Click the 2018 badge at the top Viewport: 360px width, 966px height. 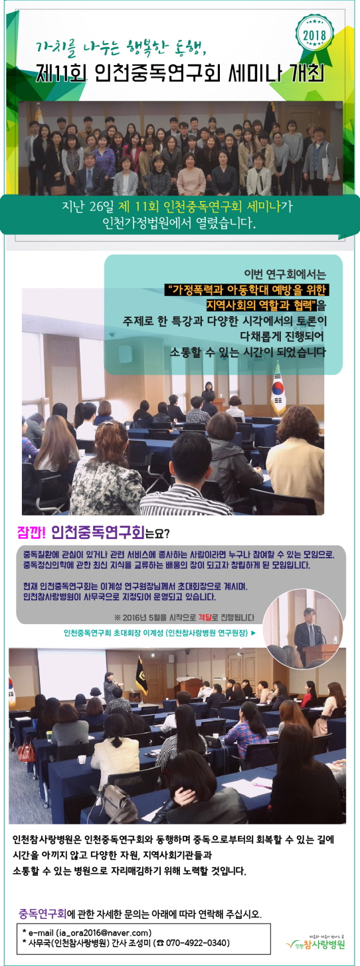click(314, 34)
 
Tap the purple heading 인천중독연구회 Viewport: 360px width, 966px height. click(98, 533)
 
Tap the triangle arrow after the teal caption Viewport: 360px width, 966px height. click(253, 633)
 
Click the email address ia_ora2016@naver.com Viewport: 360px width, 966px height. click(104, 933)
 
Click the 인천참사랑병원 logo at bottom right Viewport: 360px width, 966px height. click(315, 943)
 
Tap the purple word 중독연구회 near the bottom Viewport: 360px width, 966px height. click(43, 912)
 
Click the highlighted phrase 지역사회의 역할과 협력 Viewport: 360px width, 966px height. click(262, 305)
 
